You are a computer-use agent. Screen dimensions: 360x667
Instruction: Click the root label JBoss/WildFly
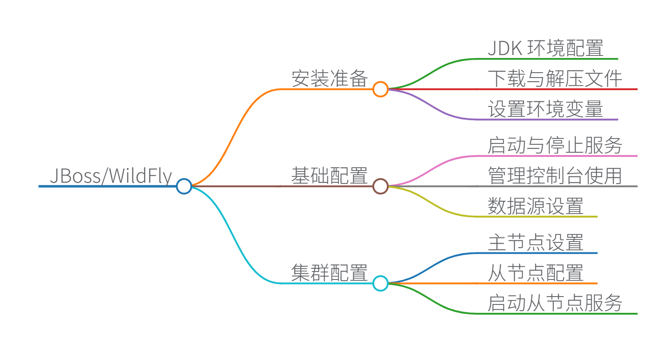[111, 176]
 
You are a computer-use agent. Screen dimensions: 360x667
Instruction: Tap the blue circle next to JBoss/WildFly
[184, 186]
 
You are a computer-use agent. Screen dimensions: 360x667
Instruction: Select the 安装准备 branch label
[329, 78]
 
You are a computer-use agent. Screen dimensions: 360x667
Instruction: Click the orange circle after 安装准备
[380, 89]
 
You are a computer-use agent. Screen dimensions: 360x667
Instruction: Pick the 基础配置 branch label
[329, 176]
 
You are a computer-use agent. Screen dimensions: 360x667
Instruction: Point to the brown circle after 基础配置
[380, 186]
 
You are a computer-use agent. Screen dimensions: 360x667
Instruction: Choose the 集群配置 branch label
[329, 273]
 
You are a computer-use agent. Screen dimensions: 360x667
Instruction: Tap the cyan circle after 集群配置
[380, 283]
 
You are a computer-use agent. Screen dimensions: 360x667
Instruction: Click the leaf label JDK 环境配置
[546, 48]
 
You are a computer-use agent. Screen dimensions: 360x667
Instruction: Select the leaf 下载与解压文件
[555, 79]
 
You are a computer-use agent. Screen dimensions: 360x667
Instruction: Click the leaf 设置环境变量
[546, 109]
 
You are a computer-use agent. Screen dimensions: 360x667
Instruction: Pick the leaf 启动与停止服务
[555, 146]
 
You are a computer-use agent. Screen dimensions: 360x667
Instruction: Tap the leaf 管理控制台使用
[555, 176]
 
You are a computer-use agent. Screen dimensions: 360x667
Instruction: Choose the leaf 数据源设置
[536, 206]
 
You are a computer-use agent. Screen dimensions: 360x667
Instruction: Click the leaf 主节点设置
[536, 242]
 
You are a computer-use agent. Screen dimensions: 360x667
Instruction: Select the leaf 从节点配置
[536, 273]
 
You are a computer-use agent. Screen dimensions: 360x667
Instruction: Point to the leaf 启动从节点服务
[555, 303]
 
